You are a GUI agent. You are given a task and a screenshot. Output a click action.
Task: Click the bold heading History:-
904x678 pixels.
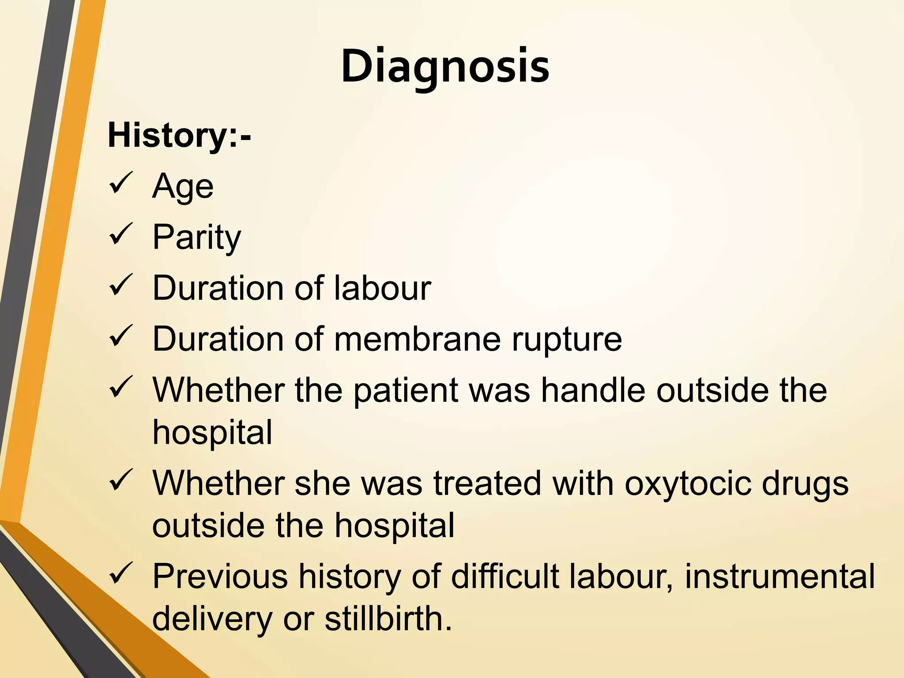click(179, 135)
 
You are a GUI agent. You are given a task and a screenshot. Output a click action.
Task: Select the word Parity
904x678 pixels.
click(197, 237)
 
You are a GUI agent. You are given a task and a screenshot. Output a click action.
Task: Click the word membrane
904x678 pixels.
click(417, 339)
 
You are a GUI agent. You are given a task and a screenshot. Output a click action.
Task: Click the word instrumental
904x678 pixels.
click(780, 576)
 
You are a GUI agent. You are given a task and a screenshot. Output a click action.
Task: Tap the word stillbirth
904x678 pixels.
click(388, 619)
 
